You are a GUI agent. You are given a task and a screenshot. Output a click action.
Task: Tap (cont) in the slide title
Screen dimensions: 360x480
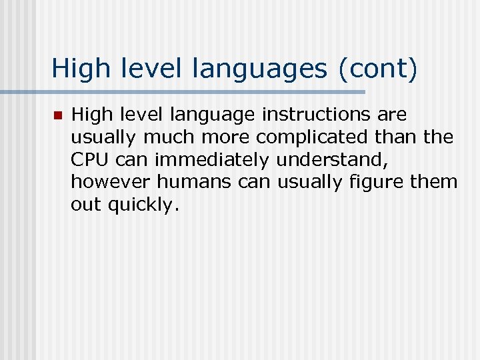[x=378, y=69]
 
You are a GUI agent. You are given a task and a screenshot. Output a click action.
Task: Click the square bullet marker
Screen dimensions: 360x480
[x=57, y=116]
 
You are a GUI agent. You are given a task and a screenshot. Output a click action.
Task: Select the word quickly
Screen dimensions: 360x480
[x=144, y=205]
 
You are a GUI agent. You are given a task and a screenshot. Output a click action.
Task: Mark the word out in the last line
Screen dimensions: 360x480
[x=85, y=204]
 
